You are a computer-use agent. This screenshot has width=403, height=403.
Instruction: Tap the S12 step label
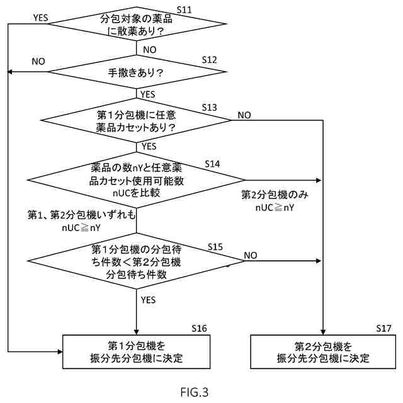[x=209, y=59]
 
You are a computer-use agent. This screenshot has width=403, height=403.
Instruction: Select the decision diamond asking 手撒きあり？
[x=137, y=72]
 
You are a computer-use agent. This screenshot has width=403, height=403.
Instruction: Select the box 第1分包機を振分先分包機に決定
[x=137, y=351]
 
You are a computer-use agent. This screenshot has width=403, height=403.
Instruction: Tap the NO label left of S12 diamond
[x=38, y=62]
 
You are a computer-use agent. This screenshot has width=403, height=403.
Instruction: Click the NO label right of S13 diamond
[x=244, y=115]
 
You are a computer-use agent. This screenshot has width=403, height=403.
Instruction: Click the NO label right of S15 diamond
[x=251, y=255]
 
